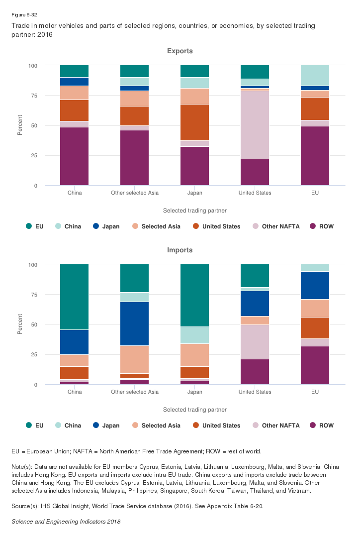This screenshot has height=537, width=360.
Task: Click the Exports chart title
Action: point(180,51)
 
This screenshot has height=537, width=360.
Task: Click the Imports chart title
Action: point(180,250)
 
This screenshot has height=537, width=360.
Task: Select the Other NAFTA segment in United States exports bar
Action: point(255,124)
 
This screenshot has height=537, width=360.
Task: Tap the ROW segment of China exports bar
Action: point(75,156)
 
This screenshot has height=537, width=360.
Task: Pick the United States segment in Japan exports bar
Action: point(194,122)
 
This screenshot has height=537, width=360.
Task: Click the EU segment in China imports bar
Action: point(75,297)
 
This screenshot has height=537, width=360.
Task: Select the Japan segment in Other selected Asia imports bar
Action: point(134,323)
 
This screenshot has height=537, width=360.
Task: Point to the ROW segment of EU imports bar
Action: point(315,365)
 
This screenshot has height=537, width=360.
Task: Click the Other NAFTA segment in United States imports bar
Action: point(255,341)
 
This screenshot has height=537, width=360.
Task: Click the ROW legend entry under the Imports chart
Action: point(322,426)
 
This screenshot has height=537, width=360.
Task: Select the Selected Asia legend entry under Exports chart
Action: point(155,226)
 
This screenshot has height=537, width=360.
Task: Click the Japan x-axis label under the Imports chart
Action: point(194,392)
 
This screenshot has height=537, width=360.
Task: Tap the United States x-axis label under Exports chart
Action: point(255,193)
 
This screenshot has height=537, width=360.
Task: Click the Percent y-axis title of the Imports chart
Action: point(20,324)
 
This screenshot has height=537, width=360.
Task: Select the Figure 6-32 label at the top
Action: point(23,15)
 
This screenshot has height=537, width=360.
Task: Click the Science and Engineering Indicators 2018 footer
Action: point(66,522)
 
